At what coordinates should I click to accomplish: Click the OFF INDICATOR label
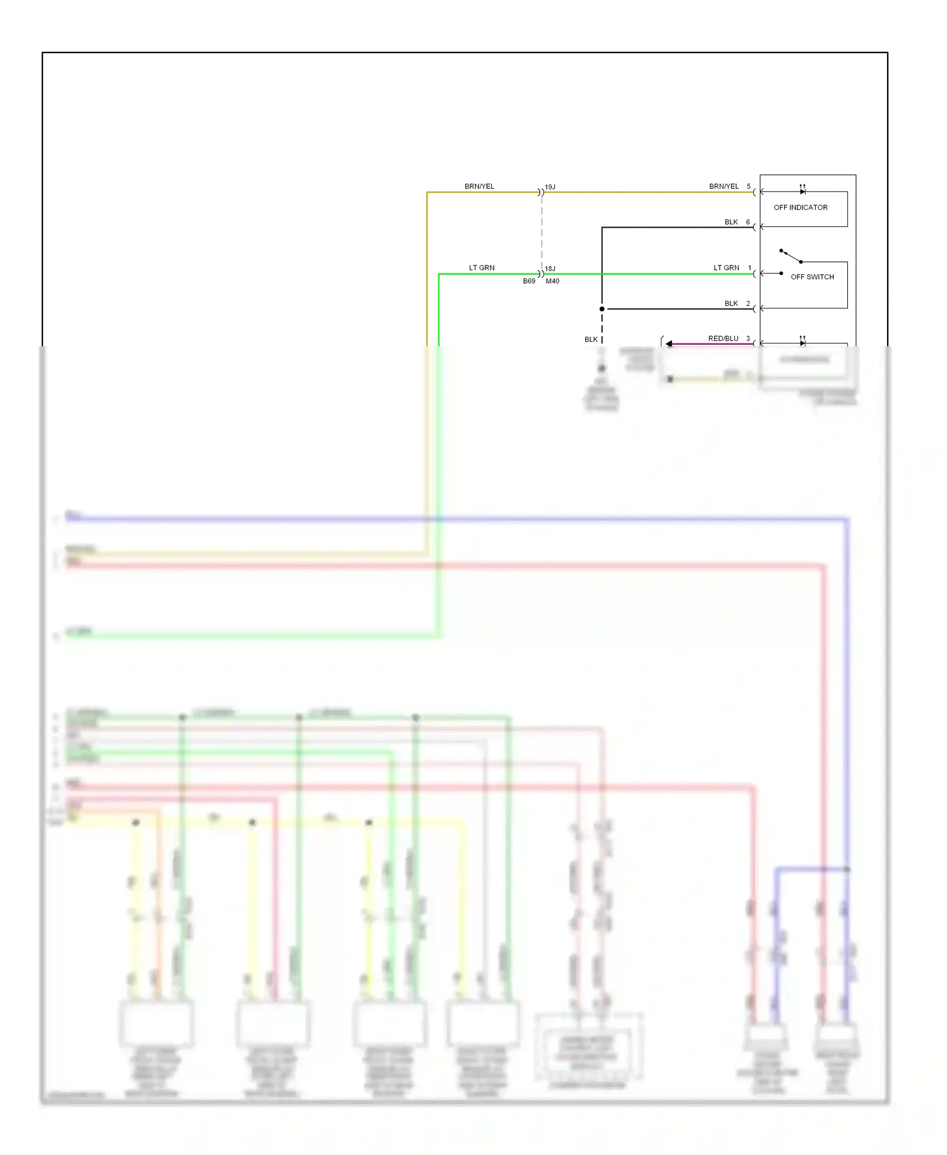(x=800, y=207)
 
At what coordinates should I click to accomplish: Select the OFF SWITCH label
(x=812, y=277)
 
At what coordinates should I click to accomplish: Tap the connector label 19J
(x=550, y=187)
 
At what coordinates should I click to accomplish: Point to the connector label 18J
(x=550, y=269)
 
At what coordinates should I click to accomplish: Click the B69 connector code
(x=529, y=281)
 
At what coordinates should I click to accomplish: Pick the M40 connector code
(x=552, y=281)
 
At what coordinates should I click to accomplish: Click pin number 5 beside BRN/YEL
(x=749, y=186)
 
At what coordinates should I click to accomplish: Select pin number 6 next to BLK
(x=748, y=222)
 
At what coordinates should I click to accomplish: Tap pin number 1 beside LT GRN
(x=749, y=268)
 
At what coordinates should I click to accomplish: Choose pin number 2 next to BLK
(x=748, y=303)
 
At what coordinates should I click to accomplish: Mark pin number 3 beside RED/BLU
(x=748, y=339)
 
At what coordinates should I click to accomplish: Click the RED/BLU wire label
(x=723, y=339)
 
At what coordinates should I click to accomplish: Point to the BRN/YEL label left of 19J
(x=479, y=186)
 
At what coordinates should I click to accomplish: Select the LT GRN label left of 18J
(x=482, y=268)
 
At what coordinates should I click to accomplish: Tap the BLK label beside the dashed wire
(x=591, y=339)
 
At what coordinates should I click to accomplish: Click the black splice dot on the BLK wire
(x=602, y=309)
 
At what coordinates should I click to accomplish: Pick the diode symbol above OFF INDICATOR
(x=802, y=191)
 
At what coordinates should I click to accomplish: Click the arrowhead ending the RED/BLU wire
(x=669, y=344)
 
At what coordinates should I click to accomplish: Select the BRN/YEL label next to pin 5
(x=724, y=186)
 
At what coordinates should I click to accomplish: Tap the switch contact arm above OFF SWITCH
(x=791, y=256)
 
